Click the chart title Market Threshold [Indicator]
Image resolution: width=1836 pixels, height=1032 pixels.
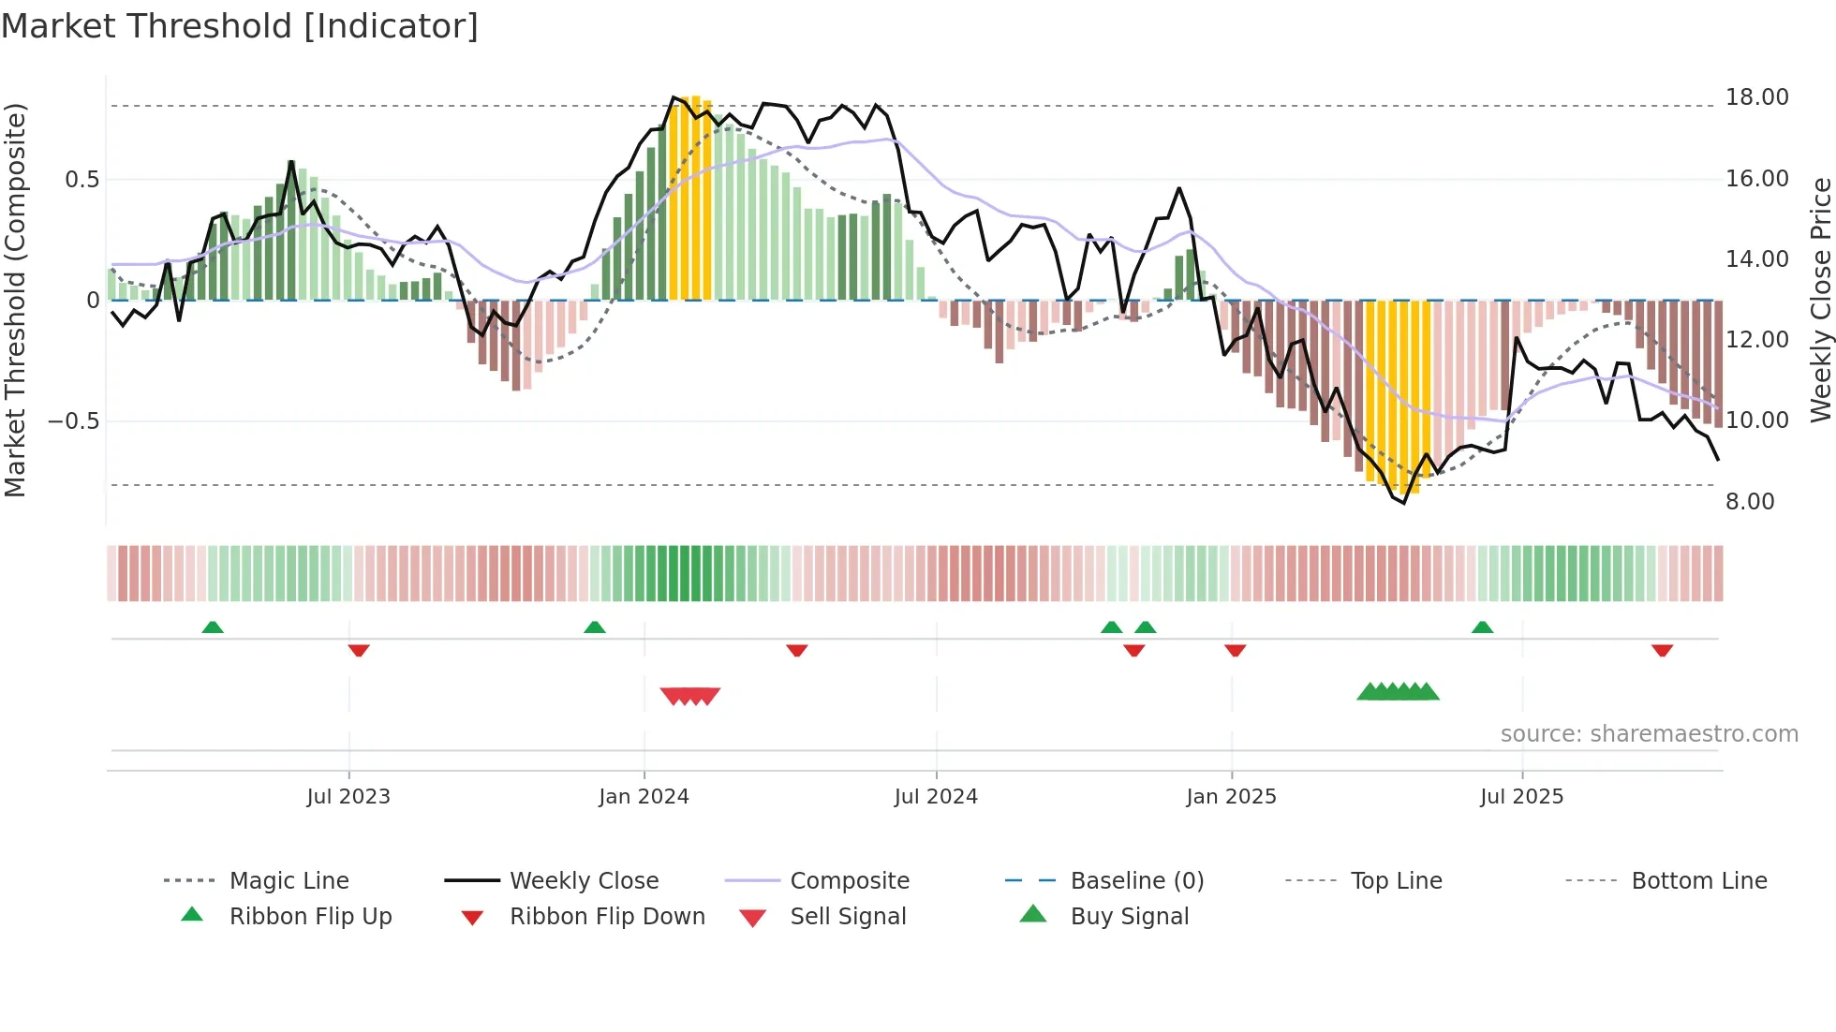click(240, 26)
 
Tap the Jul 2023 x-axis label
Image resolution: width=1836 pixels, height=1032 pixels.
click(348, 797)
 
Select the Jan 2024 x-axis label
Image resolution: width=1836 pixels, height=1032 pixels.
click(644, 797)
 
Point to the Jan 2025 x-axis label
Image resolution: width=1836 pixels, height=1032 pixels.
click(1231, 797)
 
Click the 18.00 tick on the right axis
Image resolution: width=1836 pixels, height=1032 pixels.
click(1756, 97)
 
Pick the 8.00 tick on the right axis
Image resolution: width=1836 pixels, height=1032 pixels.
click(1750, 502)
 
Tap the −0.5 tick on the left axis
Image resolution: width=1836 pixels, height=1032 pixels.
click(73, 421)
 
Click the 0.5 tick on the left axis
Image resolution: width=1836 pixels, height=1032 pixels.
click(81, 180)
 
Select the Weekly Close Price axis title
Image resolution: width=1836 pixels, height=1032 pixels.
click(1820, 300)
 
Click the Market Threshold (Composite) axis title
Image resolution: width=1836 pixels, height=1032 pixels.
click(15, 300)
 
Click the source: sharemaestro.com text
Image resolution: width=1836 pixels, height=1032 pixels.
click(1649, 734)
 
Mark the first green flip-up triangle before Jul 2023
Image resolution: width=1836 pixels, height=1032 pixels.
click(213, 627)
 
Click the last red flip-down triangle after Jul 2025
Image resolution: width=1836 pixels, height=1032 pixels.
click(1662, 650)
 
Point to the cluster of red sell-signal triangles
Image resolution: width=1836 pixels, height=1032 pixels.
click(690, 696)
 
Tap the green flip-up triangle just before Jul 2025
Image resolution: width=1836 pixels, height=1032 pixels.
click(1482, 627)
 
